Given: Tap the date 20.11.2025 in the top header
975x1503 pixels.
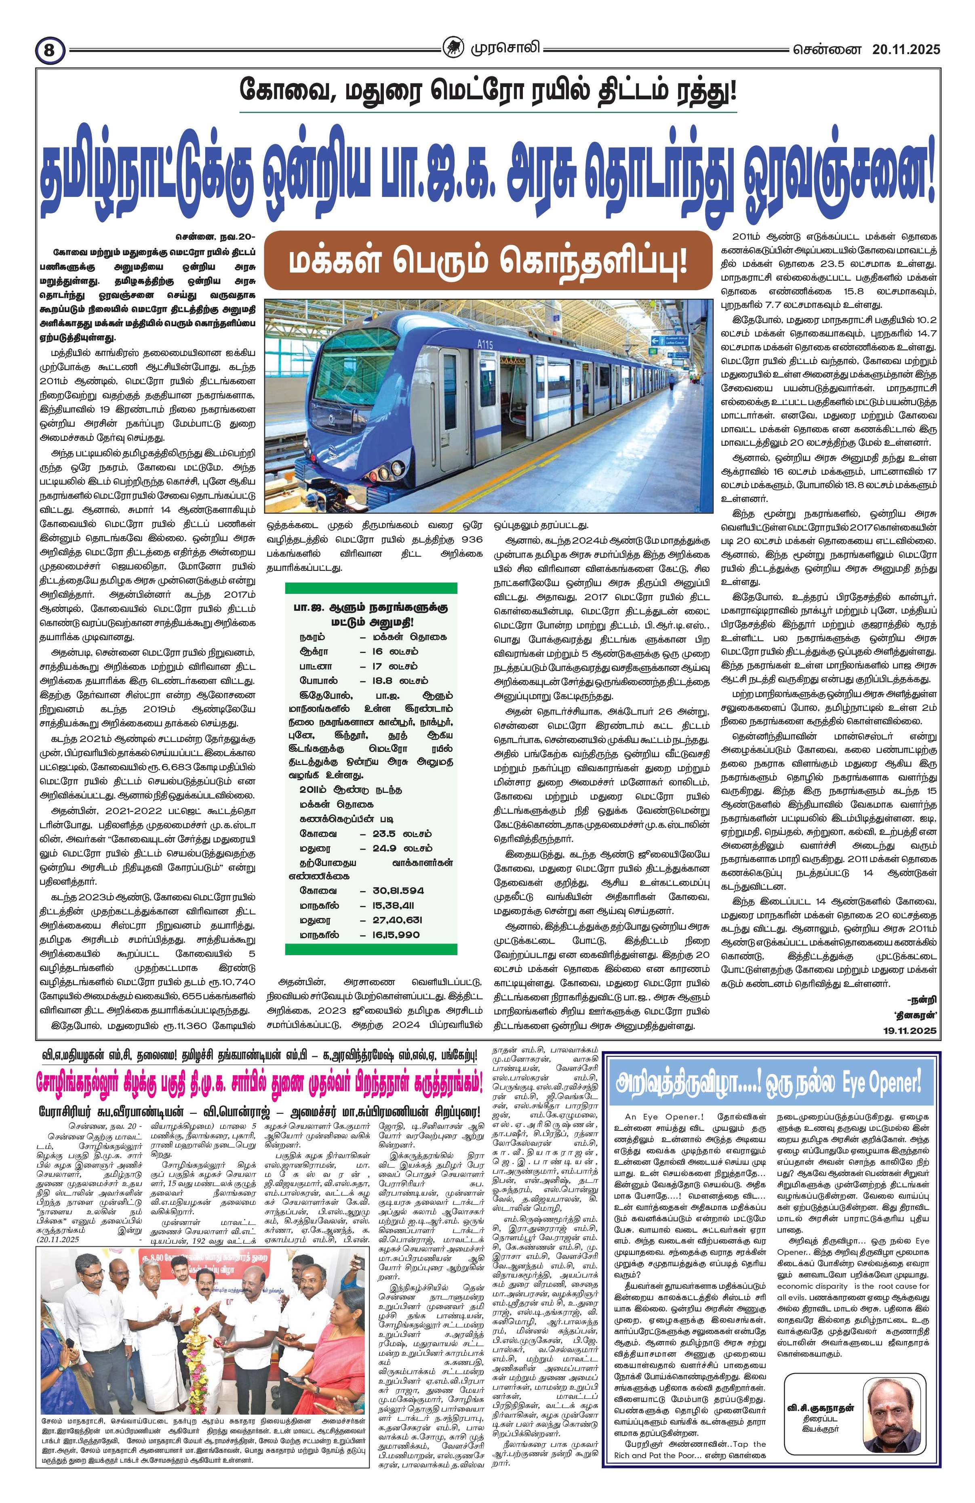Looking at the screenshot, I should coord(897,48).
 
